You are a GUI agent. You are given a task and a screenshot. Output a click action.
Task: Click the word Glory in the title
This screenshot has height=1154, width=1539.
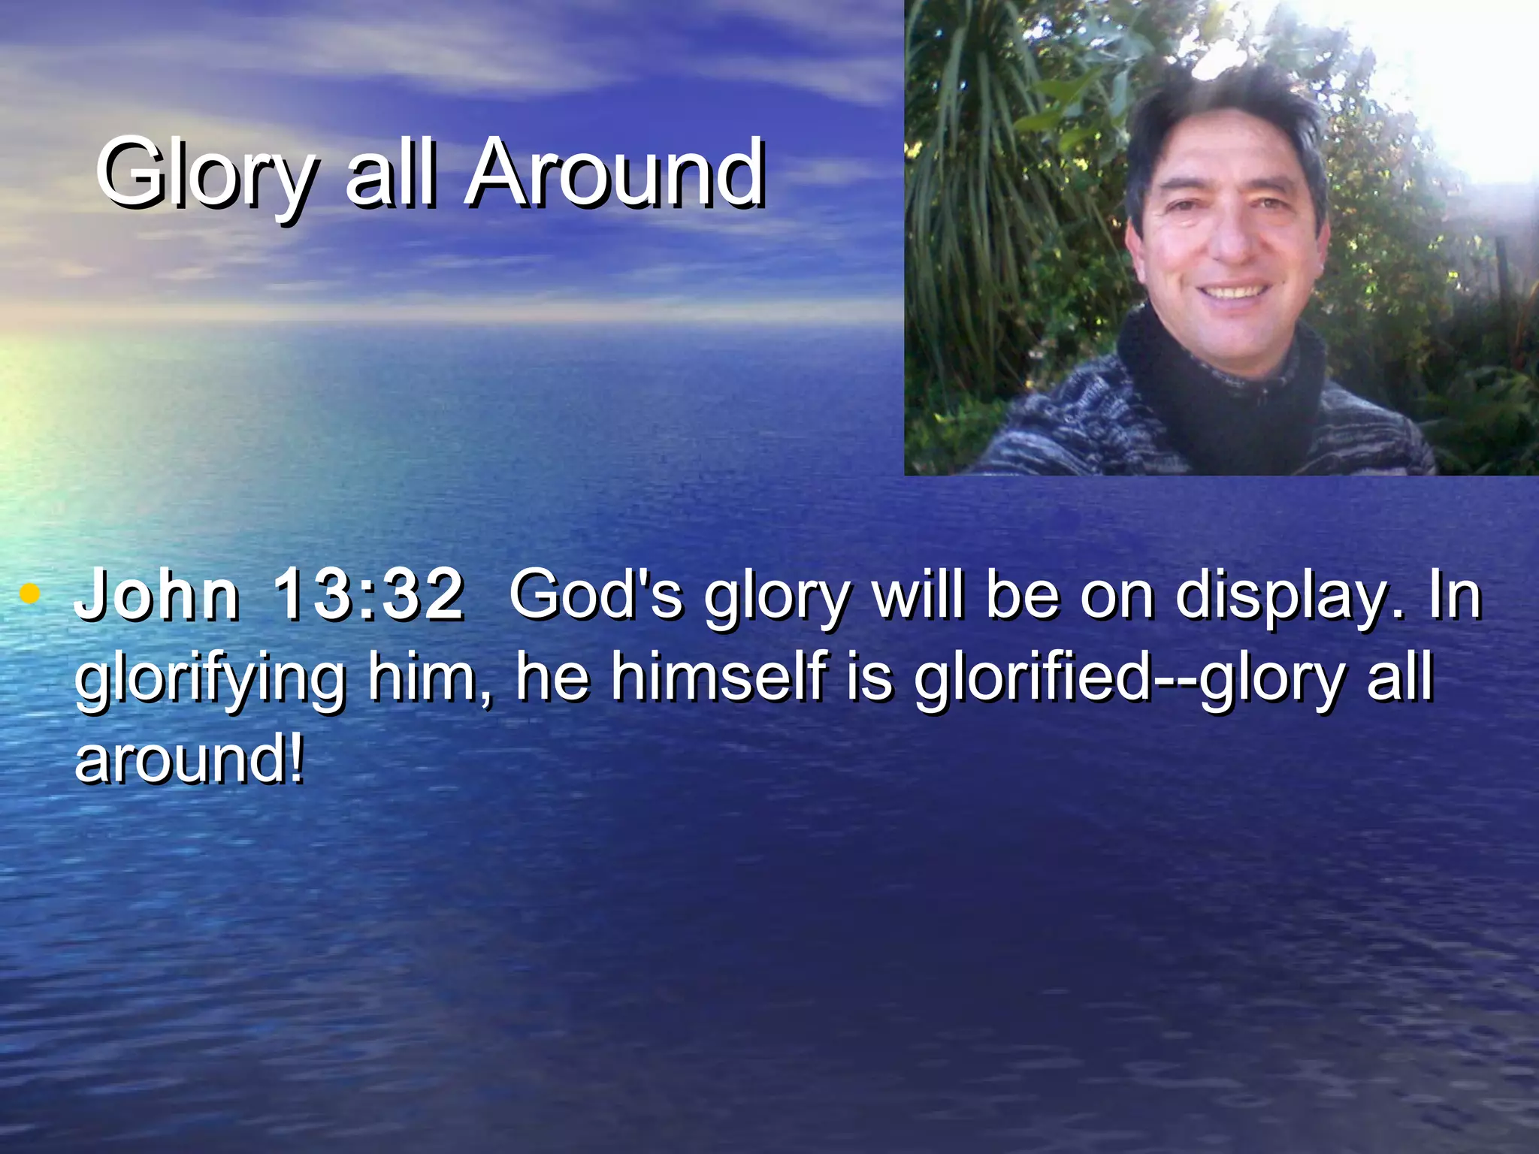coord(204,174)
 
